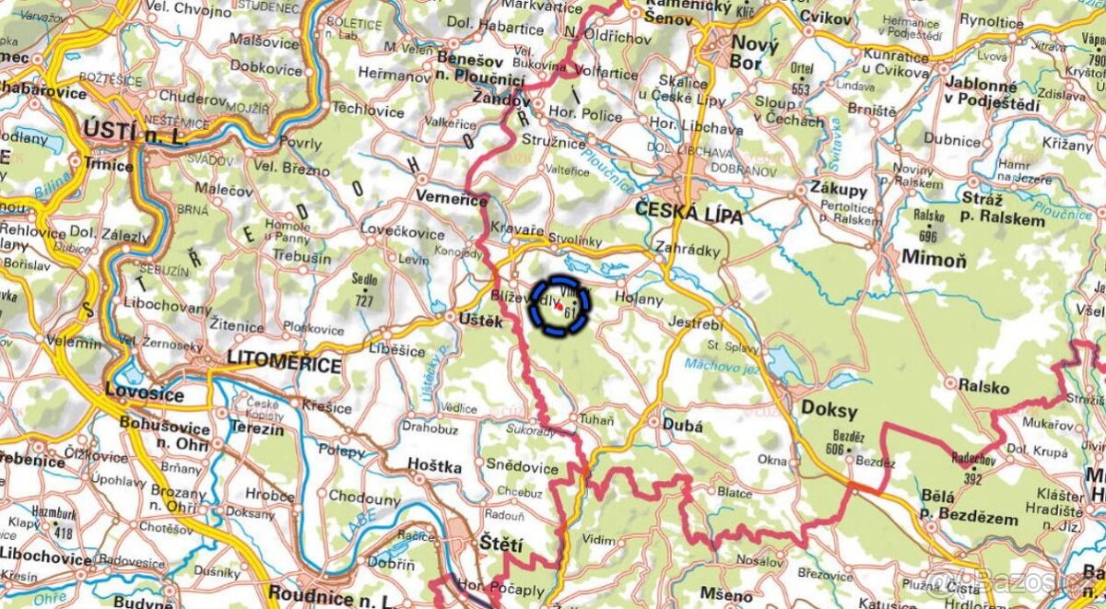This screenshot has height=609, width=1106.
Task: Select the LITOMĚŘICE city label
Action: (x=285, y=366)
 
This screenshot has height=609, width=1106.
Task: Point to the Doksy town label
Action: (x=830, y=411)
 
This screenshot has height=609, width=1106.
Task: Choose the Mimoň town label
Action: (x=934, y=259)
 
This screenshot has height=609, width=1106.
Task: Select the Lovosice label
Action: (x=144, y=394)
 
